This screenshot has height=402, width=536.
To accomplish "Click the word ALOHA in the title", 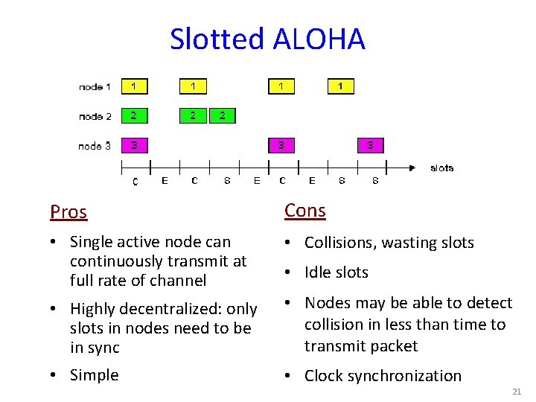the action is click(x=319, y=39).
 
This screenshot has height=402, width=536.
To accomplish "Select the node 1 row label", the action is click(x=95, y=87).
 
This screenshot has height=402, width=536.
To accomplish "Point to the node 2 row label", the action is click(x=95, y=116).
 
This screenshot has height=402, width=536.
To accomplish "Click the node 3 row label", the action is click(x=95, y=146).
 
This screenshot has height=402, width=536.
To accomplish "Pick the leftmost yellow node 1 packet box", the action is click(x=134, y=86).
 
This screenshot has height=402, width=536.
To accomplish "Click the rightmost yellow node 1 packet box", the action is click(x=341, y=86).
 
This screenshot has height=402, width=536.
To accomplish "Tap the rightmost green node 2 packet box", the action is click(x=223, y=116).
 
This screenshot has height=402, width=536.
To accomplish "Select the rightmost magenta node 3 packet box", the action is click(x=370, y=145).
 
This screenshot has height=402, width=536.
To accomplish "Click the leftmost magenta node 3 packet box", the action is click(x=134, y=145).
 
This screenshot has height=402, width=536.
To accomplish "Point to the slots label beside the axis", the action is click(x=441, y=168).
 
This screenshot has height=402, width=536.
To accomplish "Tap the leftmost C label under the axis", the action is click(x=135, y=181).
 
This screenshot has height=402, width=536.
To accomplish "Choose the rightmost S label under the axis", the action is click(x=375, y=180).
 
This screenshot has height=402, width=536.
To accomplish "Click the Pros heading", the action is click(x=68, y=212).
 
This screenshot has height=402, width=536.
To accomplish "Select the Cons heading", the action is click(x=305, y=211).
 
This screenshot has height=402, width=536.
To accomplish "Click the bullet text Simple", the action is click(x=94, y=375).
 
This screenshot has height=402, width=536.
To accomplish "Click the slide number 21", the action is click(x=517, y=392).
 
